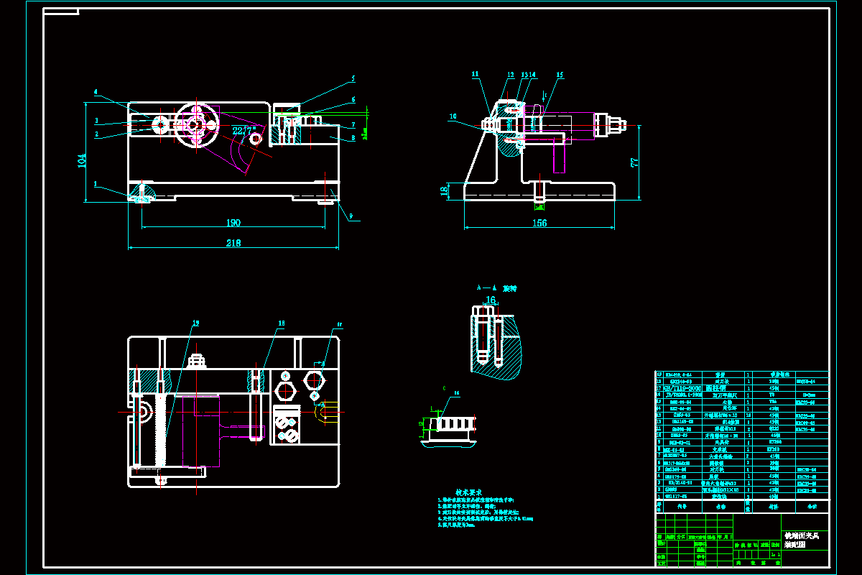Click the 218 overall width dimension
(233, 243)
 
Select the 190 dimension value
(233, 223)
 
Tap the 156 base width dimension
(539, 223)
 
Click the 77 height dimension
(634, 162)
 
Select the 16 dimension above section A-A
(491, 300)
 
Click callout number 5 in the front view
(353, 78)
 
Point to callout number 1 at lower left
(95, 184)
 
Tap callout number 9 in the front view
(351, 216)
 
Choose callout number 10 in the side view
(453, 116)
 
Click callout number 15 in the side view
(560, 74)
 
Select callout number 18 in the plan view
(282, 324)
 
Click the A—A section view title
(496, 287)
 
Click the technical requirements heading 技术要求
(468, 492)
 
